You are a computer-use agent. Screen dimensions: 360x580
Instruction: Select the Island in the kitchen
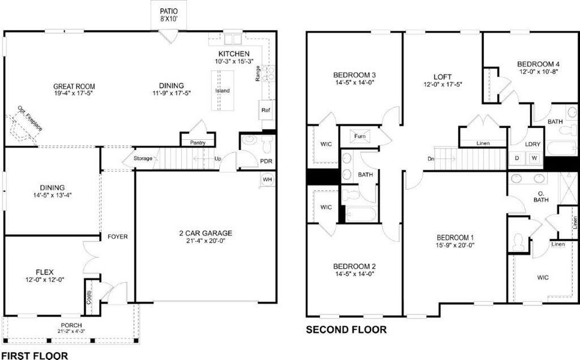pyautogui.click(x=219, y=90)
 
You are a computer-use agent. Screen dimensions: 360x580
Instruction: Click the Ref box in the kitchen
pyautogui.click(x=265, y=111)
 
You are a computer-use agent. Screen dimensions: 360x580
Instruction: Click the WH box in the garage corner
pyautogui.click(x=267, y=179)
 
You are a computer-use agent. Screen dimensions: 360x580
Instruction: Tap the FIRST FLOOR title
pyautogui.click(x=34, y=355)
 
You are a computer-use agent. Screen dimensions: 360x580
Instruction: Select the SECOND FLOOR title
pyautogui.click(x=346, y=329)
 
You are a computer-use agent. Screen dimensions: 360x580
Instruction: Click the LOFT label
pyautogui.click(x=443, y=77)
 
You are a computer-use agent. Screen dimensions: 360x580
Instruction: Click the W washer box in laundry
pyautogui.click(x=532, y=158)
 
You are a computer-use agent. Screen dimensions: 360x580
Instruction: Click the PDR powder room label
pyautogui.click(x=266, y=161)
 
